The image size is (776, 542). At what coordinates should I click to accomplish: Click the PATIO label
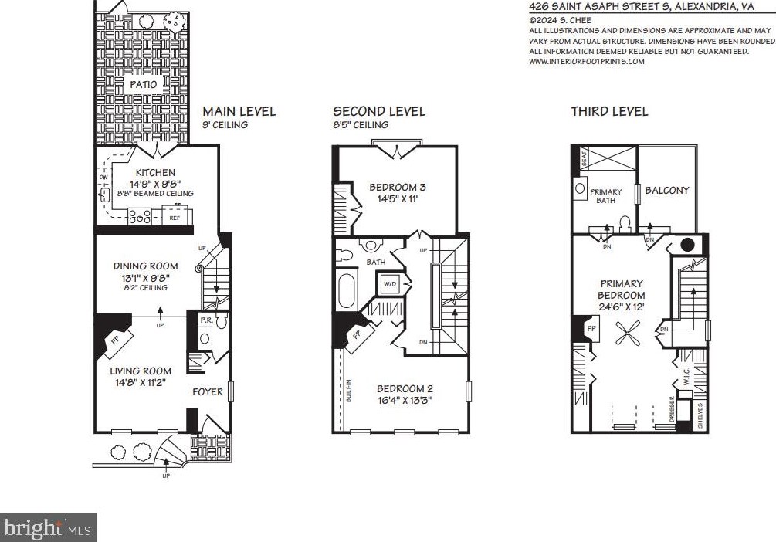tap(143, 84)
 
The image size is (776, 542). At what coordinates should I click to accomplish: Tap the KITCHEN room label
tap(155, 172)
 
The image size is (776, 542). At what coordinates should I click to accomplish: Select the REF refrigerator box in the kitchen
tap(175, 218)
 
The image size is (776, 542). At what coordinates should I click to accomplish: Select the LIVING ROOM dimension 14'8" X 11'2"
tap(141, 381)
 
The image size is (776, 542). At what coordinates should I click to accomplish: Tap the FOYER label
tap(208, 391)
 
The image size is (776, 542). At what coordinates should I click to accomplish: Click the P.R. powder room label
tap(206, 320)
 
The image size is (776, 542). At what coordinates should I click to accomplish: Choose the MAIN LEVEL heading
tap(239, 111)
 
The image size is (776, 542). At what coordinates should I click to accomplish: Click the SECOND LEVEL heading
tap(378, 111)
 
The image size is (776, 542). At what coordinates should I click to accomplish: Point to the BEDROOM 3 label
tap(398, 187)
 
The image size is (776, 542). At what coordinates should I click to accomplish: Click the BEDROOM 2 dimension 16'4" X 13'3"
tap(404, 400)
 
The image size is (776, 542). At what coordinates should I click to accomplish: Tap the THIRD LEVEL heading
tap(609, 111)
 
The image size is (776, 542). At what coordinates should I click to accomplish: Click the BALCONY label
tap(667, 190)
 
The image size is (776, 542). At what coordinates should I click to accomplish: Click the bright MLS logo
tap(48, 528)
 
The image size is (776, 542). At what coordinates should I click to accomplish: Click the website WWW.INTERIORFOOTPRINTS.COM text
tap(586, 61)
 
